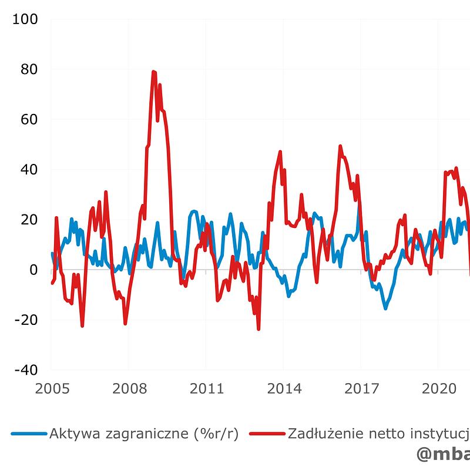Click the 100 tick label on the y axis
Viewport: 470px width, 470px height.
pyautogui.click(x=25, y=19)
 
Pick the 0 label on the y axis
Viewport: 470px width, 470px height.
pyautogui.click(x=33, y=270)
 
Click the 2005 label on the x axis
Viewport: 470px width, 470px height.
pyautogui.click(x=52, y=388)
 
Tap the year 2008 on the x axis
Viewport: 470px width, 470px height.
pyautogui.click(x=129, y=388)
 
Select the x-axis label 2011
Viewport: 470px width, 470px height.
pyautogui.click(x=206, y=388)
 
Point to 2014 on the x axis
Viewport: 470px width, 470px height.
pyautogui.click(x=284, y=388)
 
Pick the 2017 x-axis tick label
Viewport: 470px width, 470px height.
pyautogui.click(x=361, y=388)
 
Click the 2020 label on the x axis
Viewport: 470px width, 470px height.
pyautogui.click(x=438, y=388)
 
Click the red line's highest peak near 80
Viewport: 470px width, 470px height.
pyautogui.click(x=154, y=72)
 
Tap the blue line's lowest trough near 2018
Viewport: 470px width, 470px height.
pyautogui.click(x=385, y=308)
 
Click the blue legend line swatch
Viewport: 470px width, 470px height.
pyautogui.click(x=28, y=434)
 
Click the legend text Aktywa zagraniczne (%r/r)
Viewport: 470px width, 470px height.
pyautogui.click(x=143, y=434)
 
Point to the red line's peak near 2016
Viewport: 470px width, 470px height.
pyautogui.click(x=340, y=146)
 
